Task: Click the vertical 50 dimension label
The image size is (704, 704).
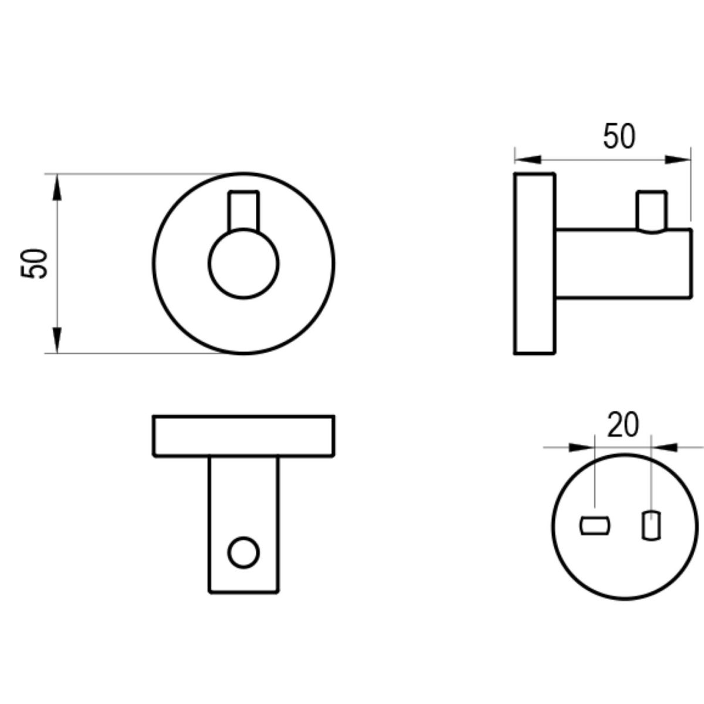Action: tap(34, 264)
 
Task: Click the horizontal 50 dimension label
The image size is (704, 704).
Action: tap(620, 136)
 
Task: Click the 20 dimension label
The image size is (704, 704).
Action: tap(623, 424)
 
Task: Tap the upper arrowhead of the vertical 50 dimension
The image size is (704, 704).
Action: tap(57, 187)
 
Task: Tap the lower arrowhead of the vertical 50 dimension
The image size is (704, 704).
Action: tap(57, 340)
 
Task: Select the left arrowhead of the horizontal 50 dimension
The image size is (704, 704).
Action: tap(528, 160)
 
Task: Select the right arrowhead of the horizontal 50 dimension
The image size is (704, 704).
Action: tap(678, 160)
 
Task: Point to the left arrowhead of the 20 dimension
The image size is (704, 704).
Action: tap(582, 447)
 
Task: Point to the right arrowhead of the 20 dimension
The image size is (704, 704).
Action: tap(664, 447)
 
